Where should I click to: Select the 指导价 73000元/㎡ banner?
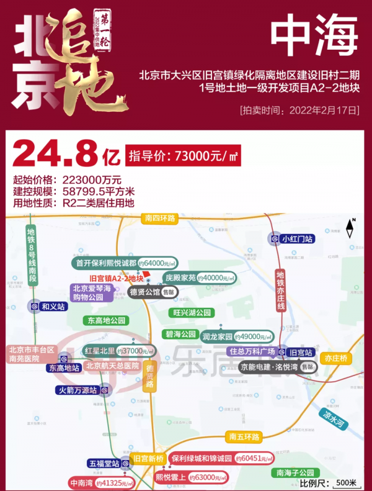point(183,156)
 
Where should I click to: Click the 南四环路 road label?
point(160,218)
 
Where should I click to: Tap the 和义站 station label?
point(51,305)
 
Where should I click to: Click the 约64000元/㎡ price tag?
point(157,263)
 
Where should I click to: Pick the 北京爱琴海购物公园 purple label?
point(92,292)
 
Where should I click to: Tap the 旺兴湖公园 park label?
point(192,313)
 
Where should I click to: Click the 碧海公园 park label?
point(180,335)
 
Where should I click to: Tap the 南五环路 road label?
point(243,437)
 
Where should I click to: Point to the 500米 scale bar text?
point(345,482)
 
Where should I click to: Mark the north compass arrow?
point(350,230)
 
